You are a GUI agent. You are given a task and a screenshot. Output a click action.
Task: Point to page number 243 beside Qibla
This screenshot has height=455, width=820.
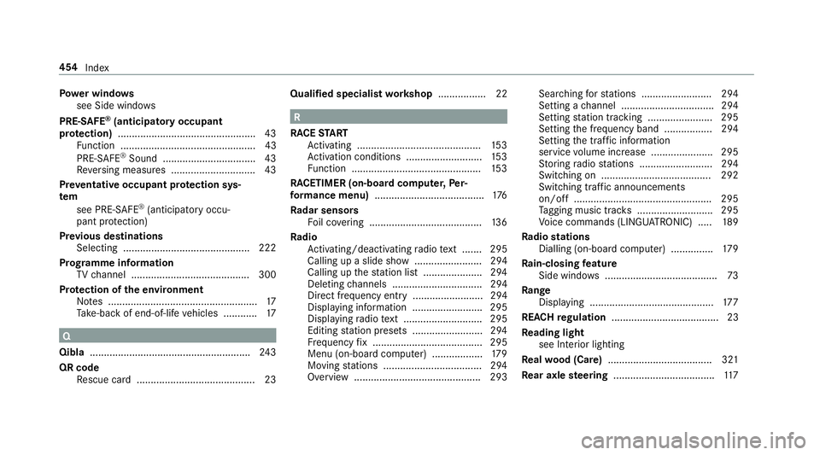[x=266, y=351]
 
